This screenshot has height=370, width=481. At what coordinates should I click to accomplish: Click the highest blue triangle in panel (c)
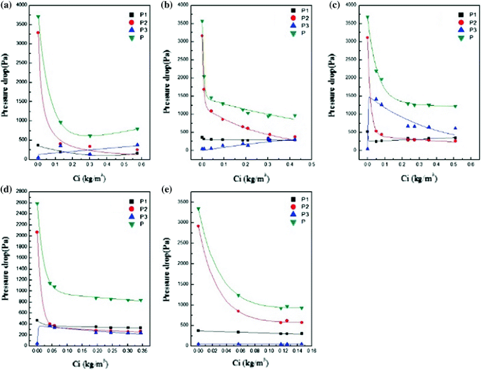tap(376, 99)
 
